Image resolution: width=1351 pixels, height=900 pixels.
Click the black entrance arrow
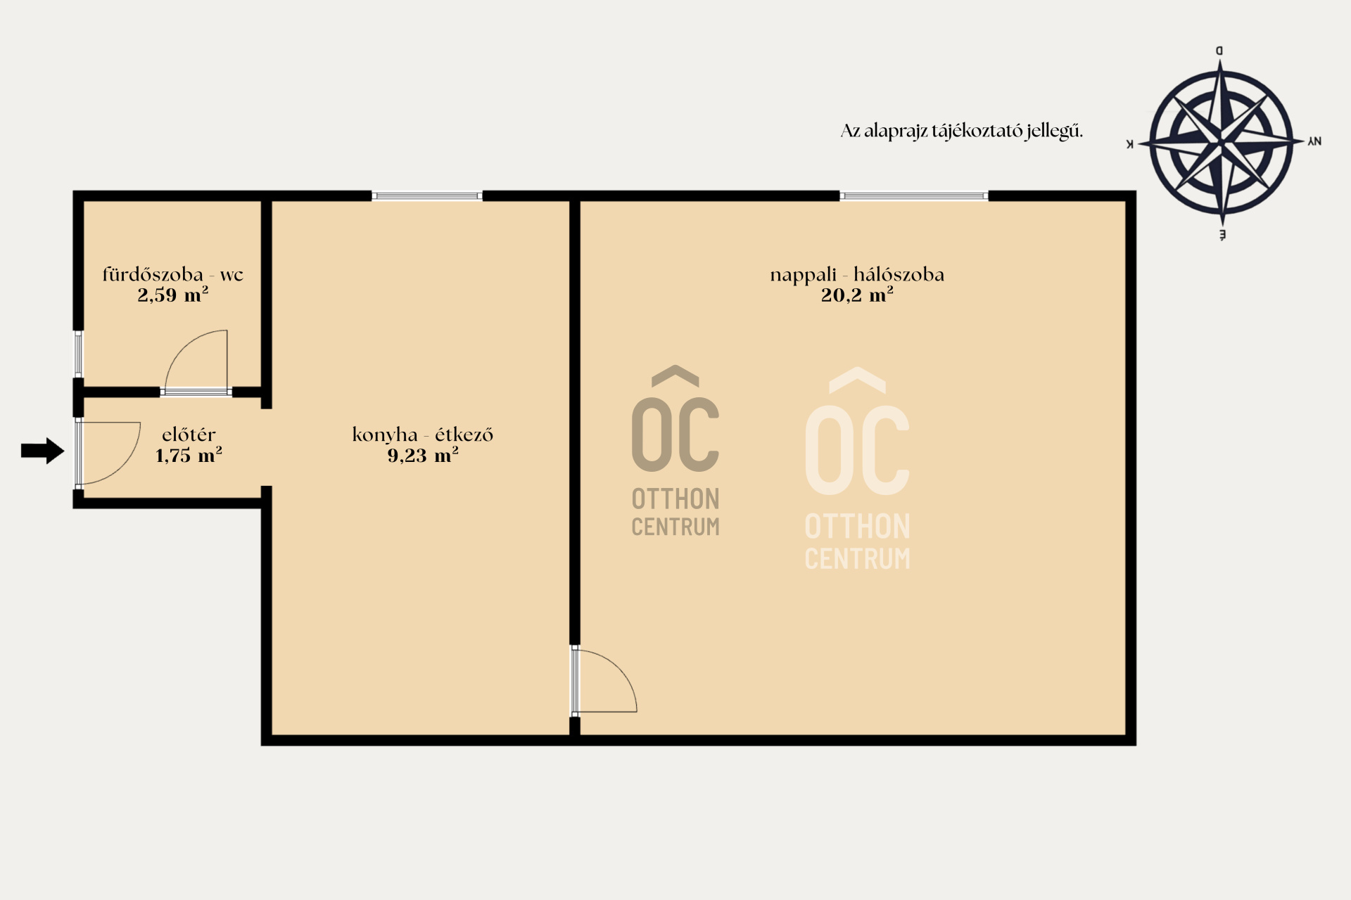[x=43, y=451]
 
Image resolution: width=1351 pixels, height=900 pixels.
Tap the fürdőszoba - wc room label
[x=173, y=274]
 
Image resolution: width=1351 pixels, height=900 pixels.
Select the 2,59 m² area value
[x=173, y=295]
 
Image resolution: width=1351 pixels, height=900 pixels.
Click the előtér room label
[x=189, y=435]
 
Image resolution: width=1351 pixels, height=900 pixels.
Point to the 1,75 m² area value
[x=189, y=455]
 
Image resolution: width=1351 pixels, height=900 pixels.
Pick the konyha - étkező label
[x=422, y=435]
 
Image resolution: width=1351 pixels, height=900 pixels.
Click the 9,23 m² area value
[x=422, y=455]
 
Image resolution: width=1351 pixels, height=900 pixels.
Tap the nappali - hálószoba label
[x=857, y=274]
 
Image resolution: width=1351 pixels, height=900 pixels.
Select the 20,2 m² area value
[x=857, y=295]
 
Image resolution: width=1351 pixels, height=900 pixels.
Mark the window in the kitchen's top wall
[x=427, y=195]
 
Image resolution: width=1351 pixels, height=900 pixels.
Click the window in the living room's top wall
[x=914, y=195]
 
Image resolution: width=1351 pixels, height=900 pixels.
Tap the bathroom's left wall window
[x=79, y=354]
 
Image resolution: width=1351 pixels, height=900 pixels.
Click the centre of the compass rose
[x=1221, y=142]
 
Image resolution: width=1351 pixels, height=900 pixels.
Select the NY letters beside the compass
[x=1314, y=141]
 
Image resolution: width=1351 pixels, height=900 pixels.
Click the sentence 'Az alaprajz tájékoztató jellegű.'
[x=961, y=131]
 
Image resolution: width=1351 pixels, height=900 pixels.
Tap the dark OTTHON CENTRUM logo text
[x=675, y=513]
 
